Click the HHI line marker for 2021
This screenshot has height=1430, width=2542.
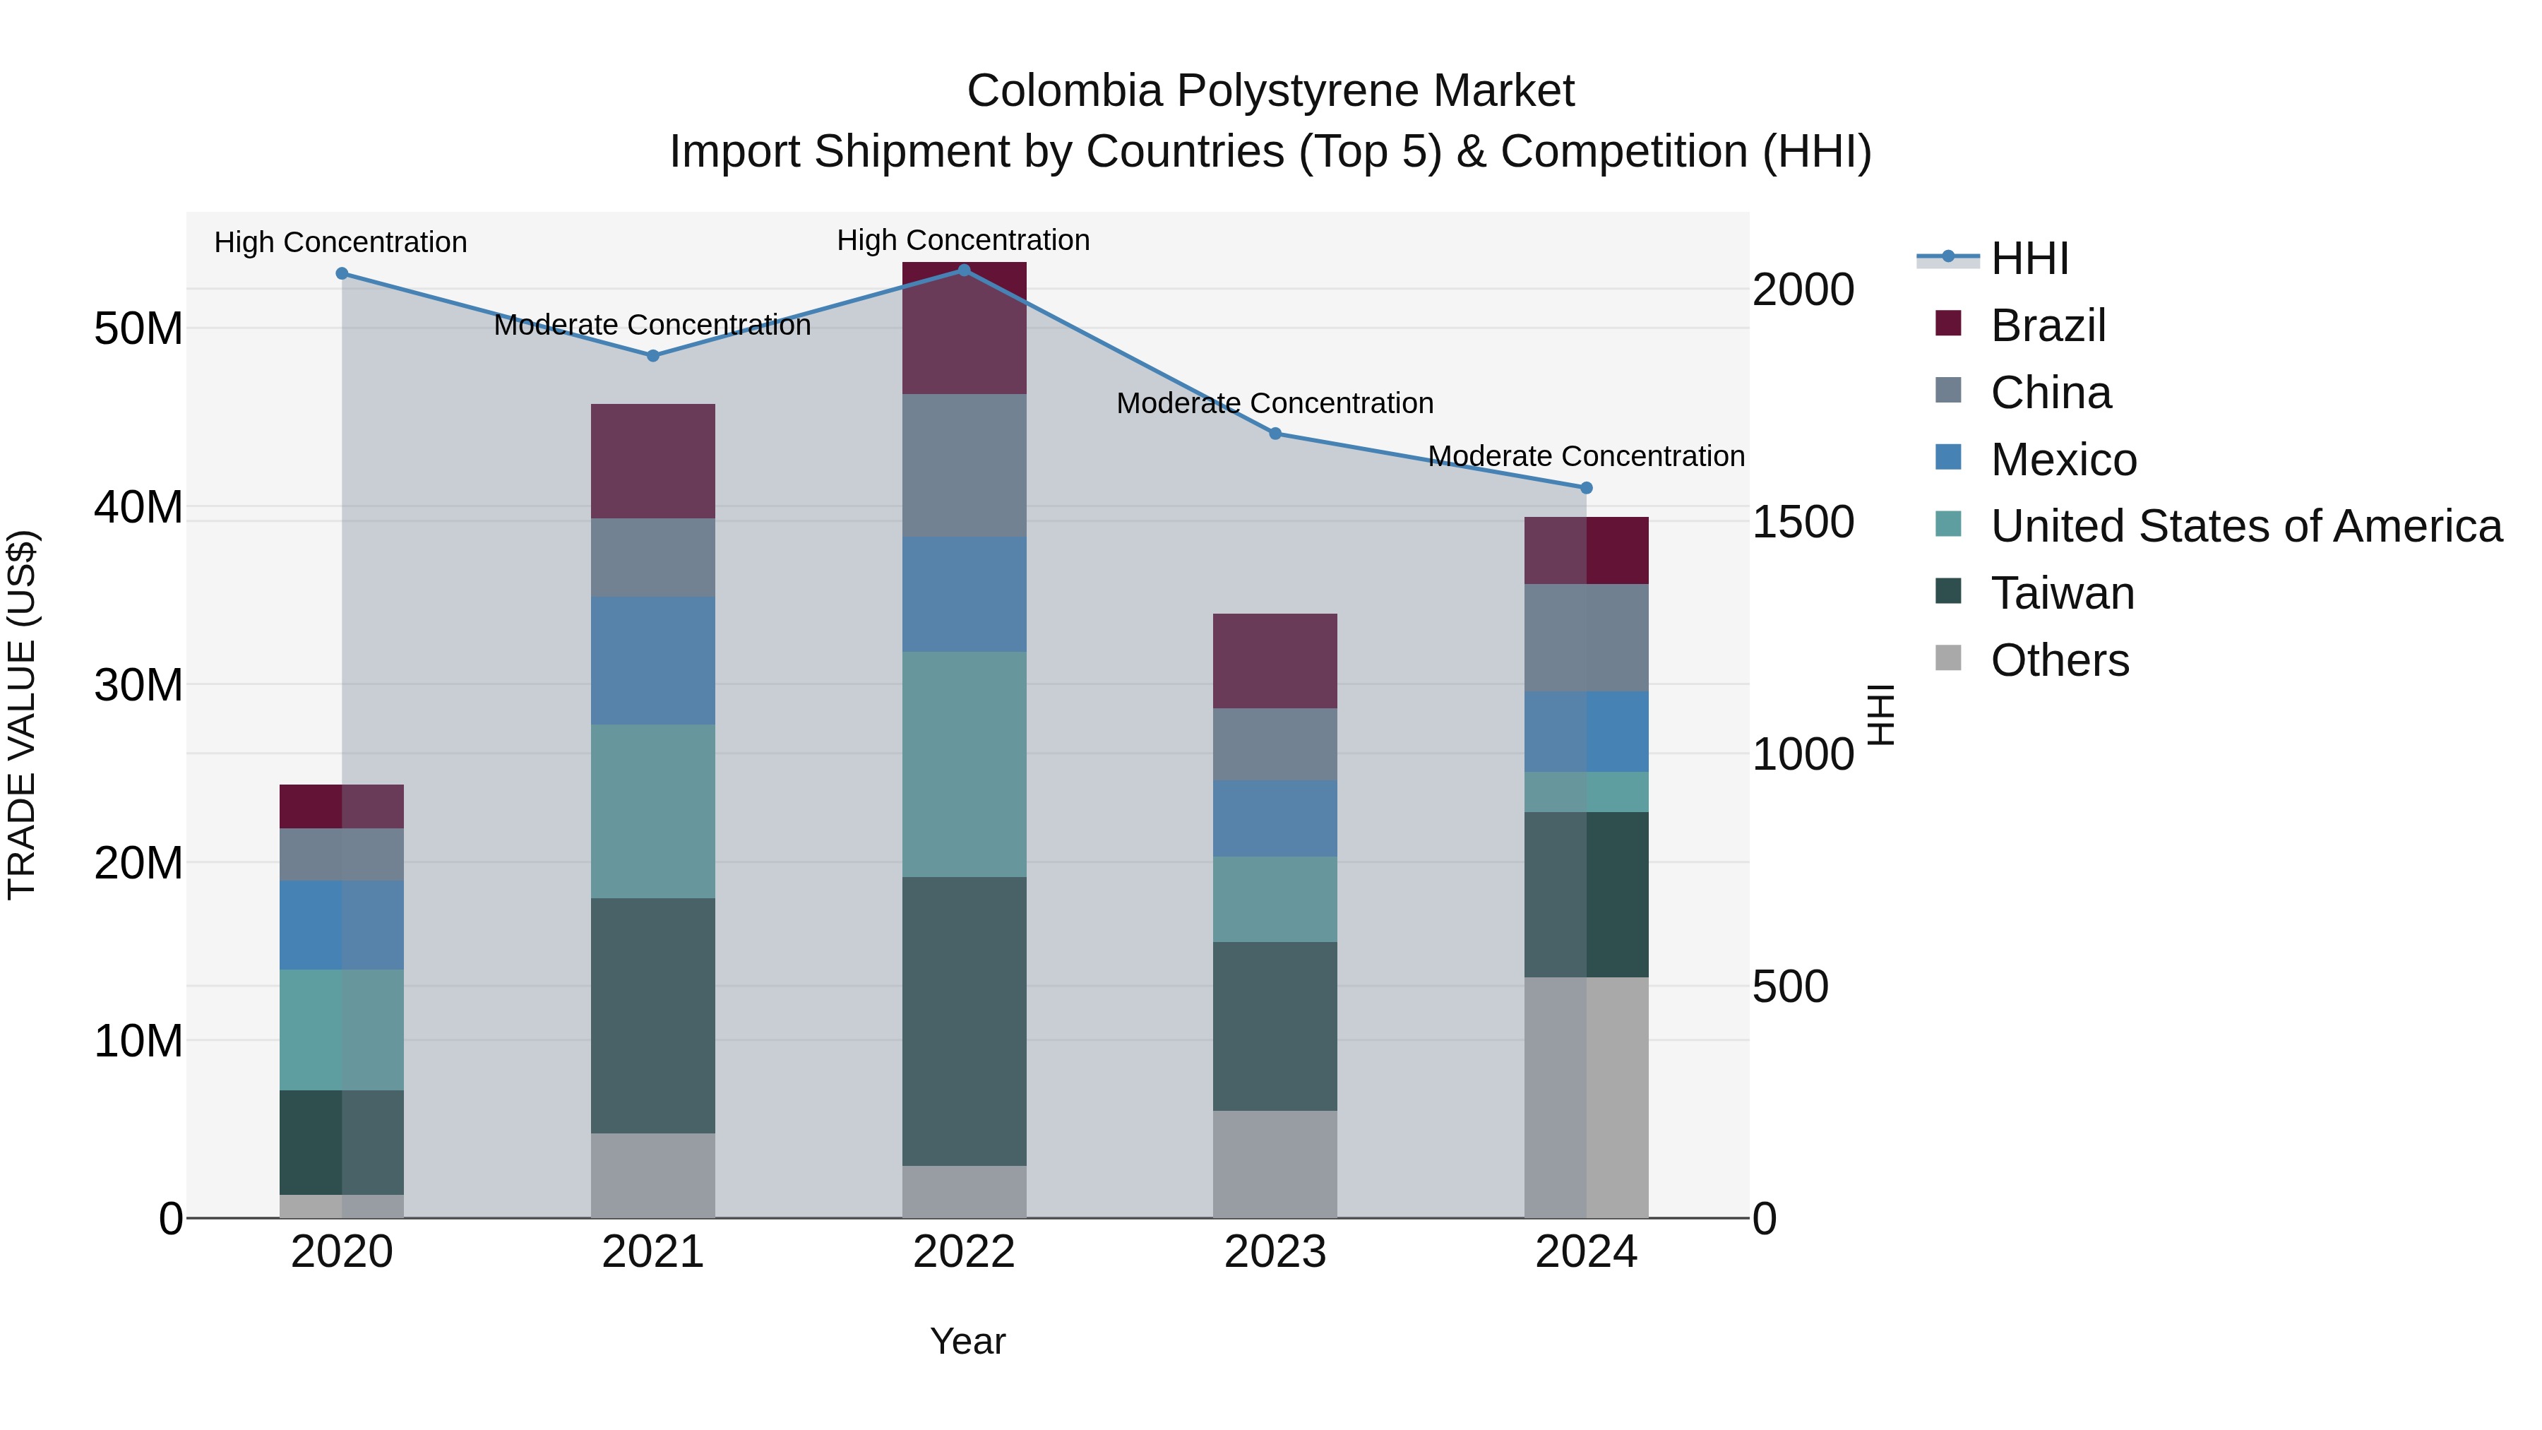click(652, 355)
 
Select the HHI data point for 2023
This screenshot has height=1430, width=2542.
click(1275, 434)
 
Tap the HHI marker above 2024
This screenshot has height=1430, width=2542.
click(1586, 487)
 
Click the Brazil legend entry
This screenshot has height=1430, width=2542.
click(2048, 326)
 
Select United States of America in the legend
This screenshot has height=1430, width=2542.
click(2245, 526)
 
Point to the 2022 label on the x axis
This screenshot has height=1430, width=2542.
click(963, 1252)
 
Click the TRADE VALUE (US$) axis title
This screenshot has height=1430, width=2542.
click(22, 715)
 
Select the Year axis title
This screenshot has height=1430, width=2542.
click(967, 1341)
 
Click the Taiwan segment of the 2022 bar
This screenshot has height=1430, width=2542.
click(964, 1021)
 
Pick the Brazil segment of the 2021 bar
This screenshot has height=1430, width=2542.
click(652, 461)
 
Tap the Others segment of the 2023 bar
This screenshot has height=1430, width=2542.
click(1275, 1164)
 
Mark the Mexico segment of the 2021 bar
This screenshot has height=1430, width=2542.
click(652, 660)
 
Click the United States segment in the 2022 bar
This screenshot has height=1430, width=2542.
click(964, 764)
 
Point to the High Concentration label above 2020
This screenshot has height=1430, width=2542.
click(340, 242)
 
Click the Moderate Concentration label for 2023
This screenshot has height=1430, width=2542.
click(1275, 404)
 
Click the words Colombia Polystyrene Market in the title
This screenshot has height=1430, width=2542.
click(1270, 91)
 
